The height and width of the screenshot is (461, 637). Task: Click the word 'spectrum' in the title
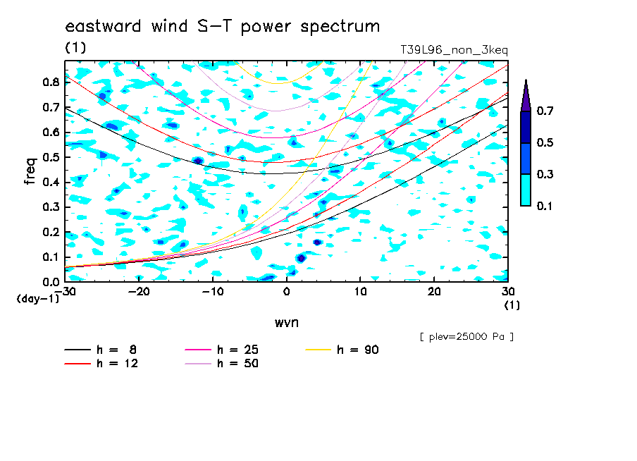pos(340,27)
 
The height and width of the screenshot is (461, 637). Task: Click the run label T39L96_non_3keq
pos(454,50)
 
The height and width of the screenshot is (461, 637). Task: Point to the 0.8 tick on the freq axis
pos(51,82)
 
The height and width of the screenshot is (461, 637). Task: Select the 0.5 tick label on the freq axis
pos(51,157)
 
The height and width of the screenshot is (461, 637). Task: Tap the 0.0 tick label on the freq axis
pos(51,282)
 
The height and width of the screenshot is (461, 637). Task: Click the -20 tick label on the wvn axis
pos(139,292)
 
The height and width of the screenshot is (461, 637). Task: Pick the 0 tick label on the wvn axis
pos(286,292)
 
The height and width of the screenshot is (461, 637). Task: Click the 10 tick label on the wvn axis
pos(360,292)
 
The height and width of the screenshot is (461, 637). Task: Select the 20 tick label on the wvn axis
pos(434,292)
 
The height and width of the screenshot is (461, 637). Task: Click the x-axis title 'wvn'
pos(287,323)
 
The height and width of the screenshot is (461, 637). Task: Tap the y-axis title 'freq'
pos(30,171)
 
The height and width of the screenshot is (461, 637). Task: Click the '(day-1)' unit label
pos(38,299)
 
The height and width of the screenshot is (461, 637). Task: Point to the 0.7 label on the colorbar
pos(545,111)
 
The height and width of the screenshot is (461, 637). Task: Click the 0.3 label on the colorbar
pos(545,174)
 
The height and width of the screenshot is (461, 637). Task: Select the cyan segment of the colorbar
pos(526,190)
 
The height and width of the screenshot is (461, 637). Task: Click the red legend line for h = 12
pos(78,363)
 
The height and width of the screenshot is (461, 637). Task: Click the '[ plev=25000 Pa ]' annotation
pos(466,337)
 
